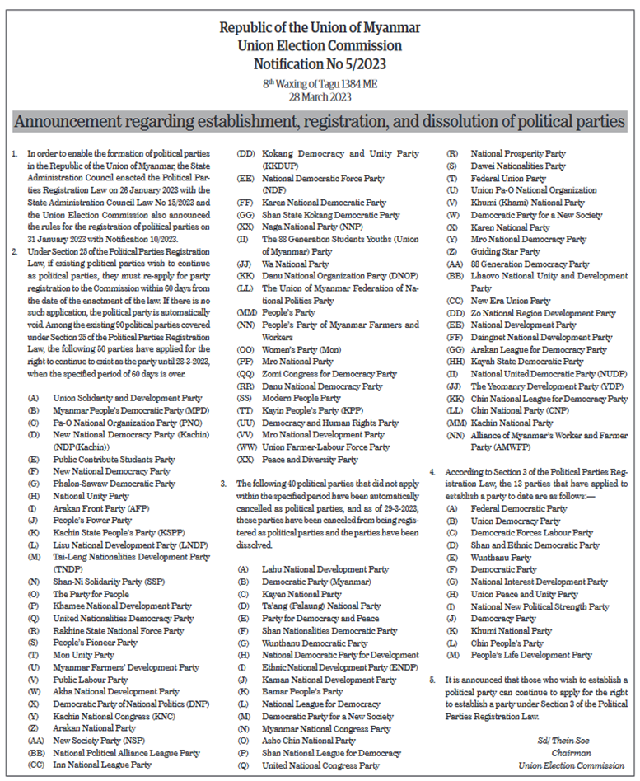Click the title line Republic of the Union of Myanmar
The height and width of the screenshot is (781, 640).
[320, 28]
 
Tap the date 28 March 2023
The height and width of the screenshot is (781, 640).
[320, 96]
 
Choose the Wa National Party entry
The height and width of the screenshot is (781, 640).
[296, 264]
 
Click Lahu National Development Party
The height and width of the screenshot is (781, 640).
[325, 568]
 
